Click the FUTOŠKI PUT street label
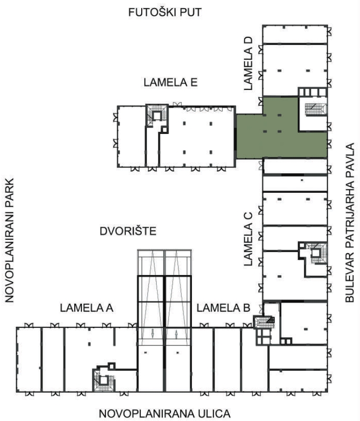[x=165, y=12]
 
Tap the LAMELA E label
[x=170, y=82]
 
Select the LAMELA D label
[x=248, y=64]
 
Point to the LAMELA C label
[x=248, y=239]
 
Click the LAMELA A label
[x=87, y=308]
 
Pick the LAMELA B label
[x=224, y=308]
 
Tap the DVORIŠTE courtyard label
[x=128, y=231]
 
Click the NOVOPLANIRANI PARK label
[x=9, y=240]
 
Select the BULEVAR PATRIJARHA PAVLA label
[x=349, y=223]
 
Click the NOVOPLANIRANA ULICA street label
[x=165, y=413]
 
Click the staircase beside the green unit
[x=315, y=109]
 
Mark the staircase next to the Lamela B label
[x=265, y=322]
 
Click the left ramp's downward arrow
[x=153, y=334]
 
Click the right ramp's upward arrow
[x=176, y=334]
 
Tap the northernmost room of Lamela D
[x=295, y=34]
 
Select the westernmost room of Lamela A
[x=29, y=359]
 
